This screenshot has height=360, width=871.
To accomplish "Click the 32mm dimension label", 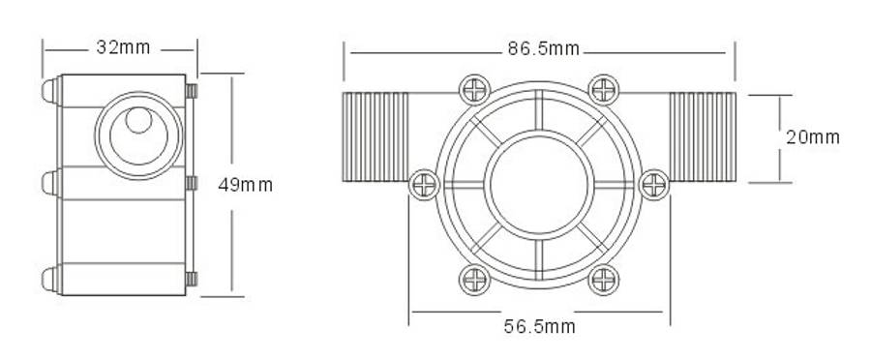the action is (123, 47).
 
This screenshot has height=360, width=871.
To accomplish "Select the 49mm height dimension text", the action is (245, 185).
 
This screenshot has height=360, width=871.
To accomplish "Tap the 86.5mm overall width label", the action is (543, 49).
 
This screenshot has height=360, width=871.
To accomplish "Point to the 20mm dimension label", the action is (813, 137).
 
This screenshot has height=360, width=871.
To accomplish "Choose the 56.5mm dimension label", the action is (539, 326).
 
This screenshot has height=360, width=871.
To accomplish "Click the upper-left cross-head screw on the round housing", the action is (475, 89).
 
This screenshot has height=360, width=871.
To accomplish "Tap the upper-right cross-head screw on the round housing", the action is (603, 89).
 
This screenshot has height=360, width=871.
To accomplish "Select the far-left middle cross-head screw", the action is (425, 185).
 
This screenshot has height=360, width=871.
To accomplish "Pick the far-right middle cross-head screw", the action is (654, 185).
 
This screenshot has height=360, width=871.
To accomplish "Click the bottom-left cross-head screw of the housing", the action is (475, 280).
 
